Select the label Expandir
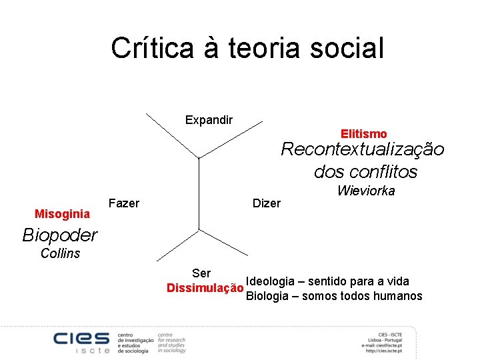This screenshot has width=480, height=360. click(209, 120)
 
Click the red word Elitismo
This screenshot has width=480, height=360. click(363, 134)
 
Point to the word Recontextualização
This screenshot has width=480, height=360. click(362, 149)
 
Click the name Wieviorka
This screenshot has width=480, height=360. click(366, 191)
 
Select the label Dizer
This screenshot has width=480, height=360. click(267, 203)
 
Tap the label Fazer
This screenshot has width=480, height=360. click(123, 203)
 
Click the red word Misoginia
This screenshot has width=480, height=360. click(62, 214)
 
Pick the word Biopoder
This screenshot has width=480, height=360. click(59, 235)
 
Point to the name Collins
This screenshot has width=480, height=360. click(60, 253)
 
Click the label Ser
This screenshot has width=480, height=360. click(201, 273)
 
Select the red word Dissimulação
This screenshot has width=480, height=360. click(205, 288)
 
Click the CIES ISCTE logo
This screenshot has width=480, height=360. click(81, 341)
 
